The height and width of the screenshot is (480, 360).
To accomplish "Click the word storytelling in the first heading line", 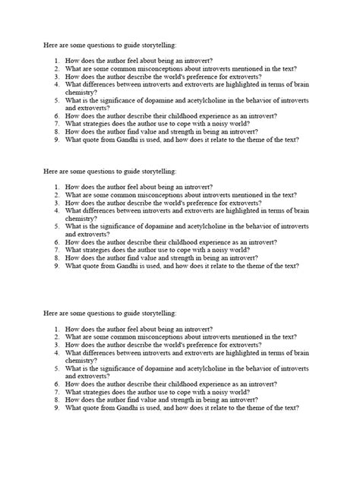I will point(156,46).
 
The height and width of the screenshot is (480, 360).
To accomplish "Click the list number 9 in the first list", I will point(56,140).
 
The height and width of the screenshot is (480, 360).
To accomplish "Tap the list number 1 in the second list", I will point(56,187).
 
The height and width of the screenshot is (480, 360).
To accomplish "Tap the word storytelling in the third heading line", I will point(156,313).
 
